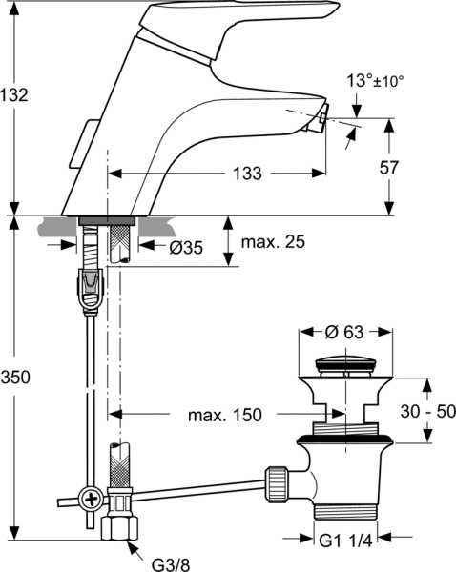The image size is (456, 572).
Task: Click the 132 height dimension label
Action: [x=14, y=95]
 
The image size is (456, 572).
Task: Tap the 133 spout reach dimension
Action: [x=247, y=174]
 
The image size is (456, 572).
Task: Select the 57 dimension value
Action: [x=389, y=168]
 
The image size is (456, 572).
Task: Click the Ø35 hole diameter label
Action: [x=186, y=248]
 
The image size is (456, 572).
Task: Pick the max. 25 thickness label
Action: [x=273, y=242]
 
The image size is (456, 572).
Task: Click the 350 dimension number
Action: [x=15, y=378]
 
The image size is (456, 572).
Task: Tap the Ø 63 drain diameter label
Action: [x=344, y=332]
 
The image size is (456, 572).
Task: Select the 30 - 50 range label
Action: [x=428, y=412]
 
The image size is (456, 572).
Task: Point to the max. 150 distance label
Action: [x=225, y=415]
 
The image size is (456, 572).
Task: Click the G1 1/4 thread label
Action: [x=345, y=541]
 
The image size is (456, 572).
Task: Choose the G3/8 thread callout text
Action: [x=171, y=564]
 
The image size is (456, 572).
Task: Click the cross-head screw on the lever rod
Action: [x=91, y=498]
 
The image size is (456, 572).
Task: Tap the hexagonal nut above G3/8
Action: [x=120, y=528]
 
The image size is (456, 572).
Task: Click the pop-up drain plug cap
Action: [x=345, y=365]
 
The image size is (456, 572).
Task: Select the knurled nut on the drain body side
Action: [x=277, y=484]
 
